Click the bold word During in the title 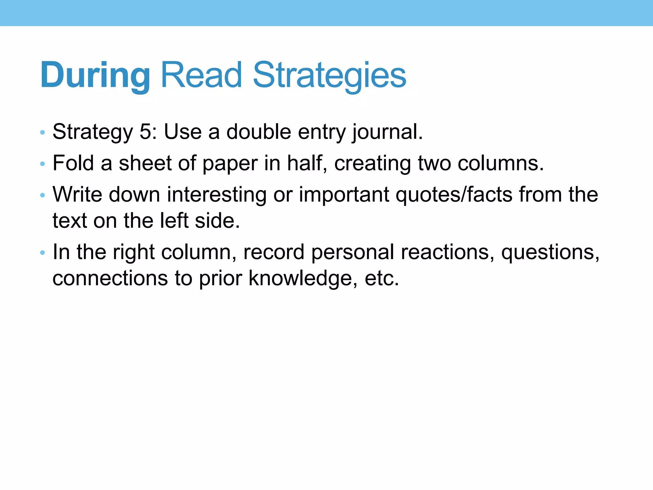(95, 75)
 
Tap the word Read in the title (202, 75)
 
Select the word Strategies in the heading (329, 75)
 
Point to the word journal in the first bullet (387, 132)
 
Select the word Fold (73, 163)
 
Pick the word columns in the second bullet (501, 163)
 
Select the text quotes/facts (454, 195)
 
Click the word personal (353, 252)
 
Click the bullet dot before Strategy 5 (42, 132)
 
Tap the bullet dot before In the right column (42, 253)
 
